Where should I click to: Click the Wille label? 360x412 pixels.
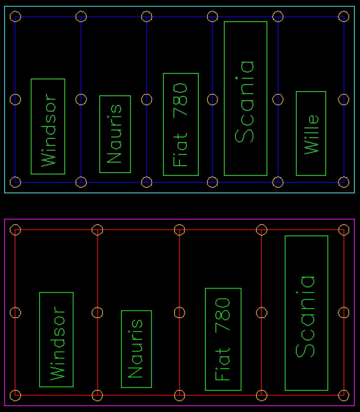[311, 134]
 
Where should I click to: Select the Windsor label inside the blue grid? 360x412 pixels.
[48, 130]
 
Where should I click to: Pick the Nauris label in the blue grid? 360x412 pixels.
[115, 134]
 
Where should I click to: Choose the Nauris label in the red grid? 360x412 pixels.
[136, 349]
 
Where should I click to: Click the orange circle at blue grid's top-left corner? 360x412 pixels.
[15, 16]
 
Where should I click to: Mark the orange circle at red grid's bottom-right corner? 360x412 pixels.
[344, 395]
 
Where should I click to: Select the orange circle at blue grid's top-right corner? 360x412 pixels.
[344, 16]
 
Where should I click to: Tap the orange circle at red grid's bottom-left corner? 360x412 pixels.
[15, 395]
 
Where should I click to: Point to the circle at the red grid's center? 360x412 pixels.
[179, 312]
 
